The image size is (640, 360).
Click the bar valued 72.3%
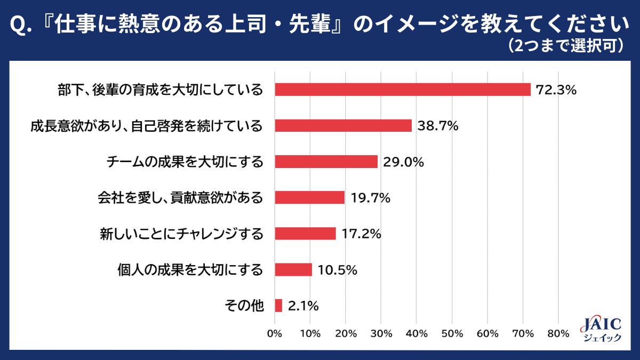tap(403, 90)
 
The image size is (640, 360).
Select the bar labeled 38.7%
tap(343, 125)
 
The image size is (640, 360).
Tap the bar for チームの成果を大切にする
tap(326, 162)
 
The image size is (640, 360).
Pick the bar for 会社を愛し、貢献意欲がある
tap(309, 197)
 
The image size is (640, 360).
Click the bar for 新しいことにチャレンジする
tap(305, 234)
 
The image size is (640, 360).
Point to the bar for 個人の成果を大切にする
tap(293, 269)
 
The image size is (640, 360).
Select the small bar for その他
tap(278, 306)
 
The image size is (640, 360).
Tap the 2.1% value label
tap(303, 306)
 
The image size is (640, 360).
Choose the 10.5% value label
tap(337, 269)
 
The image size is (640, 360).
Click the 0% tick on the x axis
tap(275, 334)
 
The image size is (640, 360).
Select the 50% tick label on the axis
tap(452, 334)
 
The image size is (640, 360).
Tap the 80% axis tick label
tap(558, 334)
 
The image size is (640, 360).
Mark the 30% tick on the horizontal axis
tap(381, 334)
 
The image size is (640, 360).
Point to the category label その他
tap(245, 306)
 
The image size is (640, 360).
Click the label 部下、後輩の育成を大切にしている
tap(161, 90)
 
